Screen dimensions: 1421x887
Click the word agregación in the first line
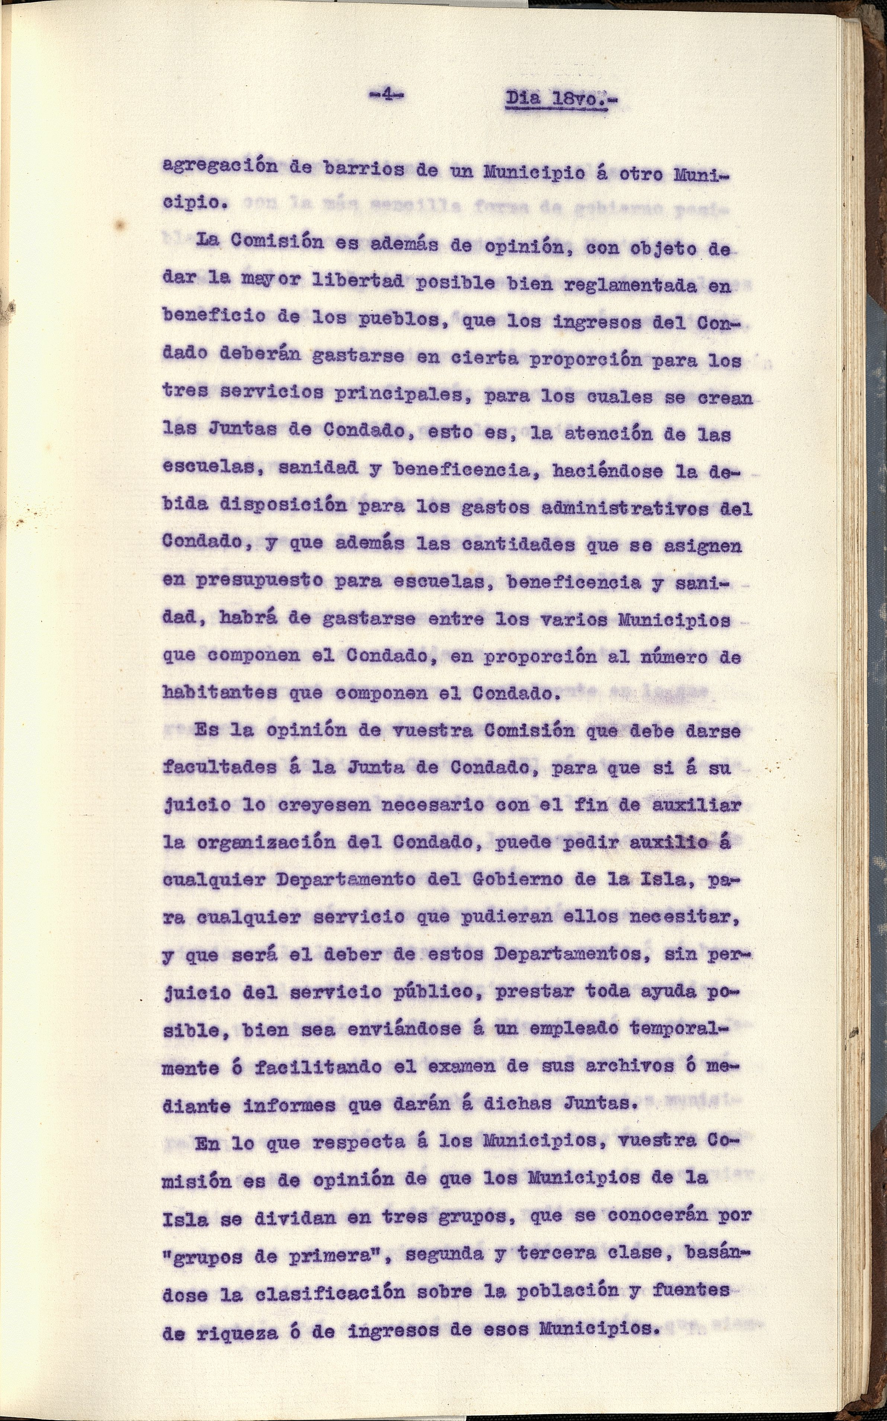(220, 167)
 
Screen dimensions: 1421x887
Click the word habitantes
(220, 692)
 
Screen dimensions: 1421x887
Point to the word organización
(266, 842)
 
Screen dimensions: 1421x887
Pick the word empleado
(565, 1029)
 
